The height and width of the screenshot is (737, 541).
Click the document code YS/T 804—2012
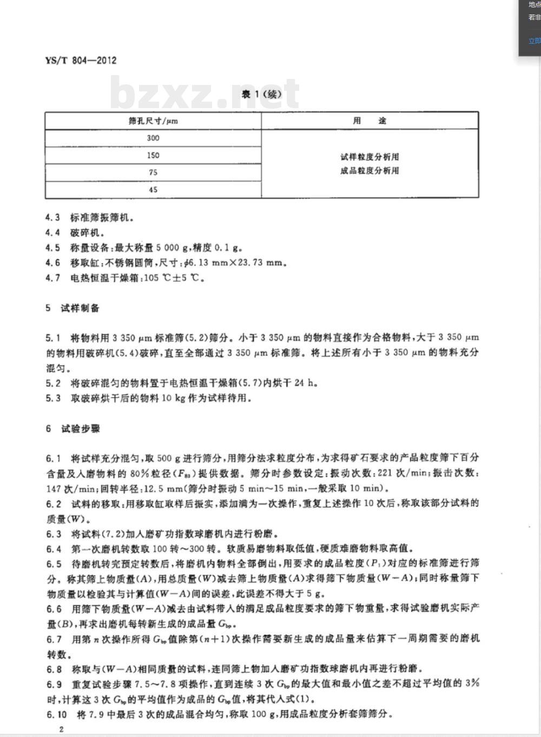click(81, 60)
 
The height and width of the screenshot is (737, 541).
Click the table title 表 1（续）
click(261, 94)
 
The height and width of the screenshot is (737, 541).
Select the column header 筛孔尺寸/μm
click(153, 121)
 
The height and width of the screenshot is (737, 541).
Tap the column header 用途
click(370, 121)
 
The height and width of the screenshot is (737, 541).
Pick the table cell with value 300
click(153, 138)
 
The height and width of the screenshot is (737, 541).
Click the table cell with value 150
click(153, 155)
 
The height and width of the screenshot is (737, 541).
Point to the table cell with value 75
click(153, 172)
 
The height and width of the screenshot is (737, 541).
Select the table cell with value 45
click(153, 190)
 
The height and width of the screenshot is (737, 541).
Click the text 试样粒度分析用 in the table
click(370, 157)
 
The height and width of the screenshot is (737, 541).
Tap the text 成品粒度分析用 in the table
click(370, 171)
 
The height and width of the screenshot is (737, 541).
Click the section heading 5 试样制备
click(72, 308)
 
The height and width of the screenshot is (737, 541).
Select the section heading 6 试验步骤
click(72, 429)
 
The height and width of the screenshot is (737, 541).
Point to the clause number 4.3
click(52, 218)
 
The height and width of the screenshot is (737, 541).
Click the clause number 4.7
click(52, 278)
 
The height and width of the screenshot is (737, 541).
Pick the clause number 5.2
click(53, 383)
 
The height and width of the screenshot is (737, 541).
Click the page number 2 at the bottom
click(62, 729)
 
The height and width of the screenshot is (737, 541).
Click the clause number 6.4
click(53, 548)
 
